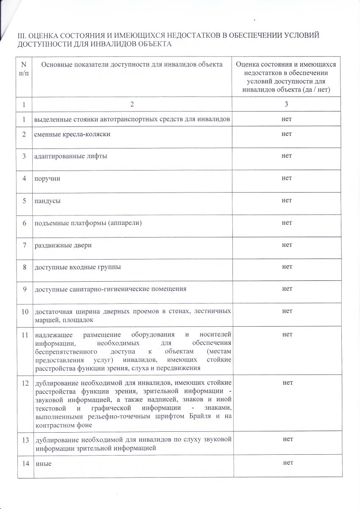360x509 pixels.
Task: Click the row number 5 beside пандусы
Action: coord(25,201)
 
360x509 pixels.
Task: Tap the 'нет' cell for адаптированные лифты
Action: coord(287,156)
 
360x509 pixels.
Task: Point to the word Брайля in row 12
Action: coord(196,416)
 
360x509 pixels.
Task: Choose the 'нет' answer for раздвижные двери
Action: coord(287,245)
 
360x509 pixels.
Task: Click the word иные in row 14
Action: coord(43,464)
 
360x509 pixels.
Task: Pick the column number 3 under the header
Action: coord(287,104)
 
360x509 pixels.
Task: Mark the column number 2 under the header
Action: coord(132,104)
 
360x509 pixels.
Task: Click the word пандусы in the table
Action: coord(47,201)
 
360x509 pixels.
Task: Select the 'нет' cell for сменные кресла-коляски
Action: coord(287,134)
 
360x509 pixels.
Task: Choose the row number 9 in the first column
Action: coord(25,289)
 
